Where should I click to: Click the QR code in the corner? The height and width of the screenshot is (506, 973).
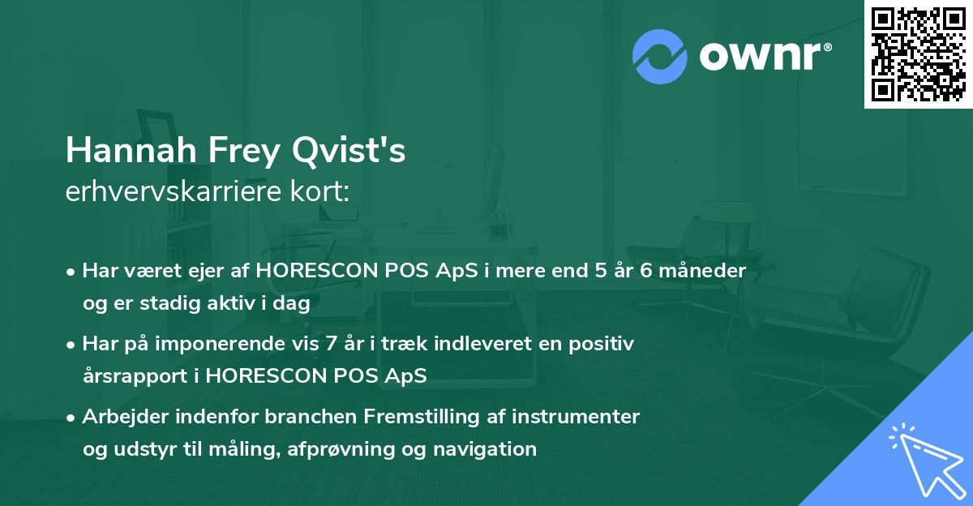pyautogui.click(x=918, y=54)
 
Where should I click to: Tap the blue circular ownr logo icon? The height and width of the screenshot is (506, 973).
pyautogui.click(x=659, y=57)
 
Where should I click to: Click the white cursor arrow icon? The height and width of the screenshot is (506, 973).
pyautogui.click(x=924, y=458)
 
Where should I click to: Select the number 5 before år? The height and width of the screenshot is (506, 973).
pyautogui.click(x=600, y=271)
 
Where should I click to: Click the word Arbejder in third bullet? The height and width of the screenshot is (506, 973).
pyautogui.click(x=122, y=417)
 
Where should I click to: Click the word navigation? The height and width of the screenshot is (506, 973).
pyautogui.click(x=491, y=448)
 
